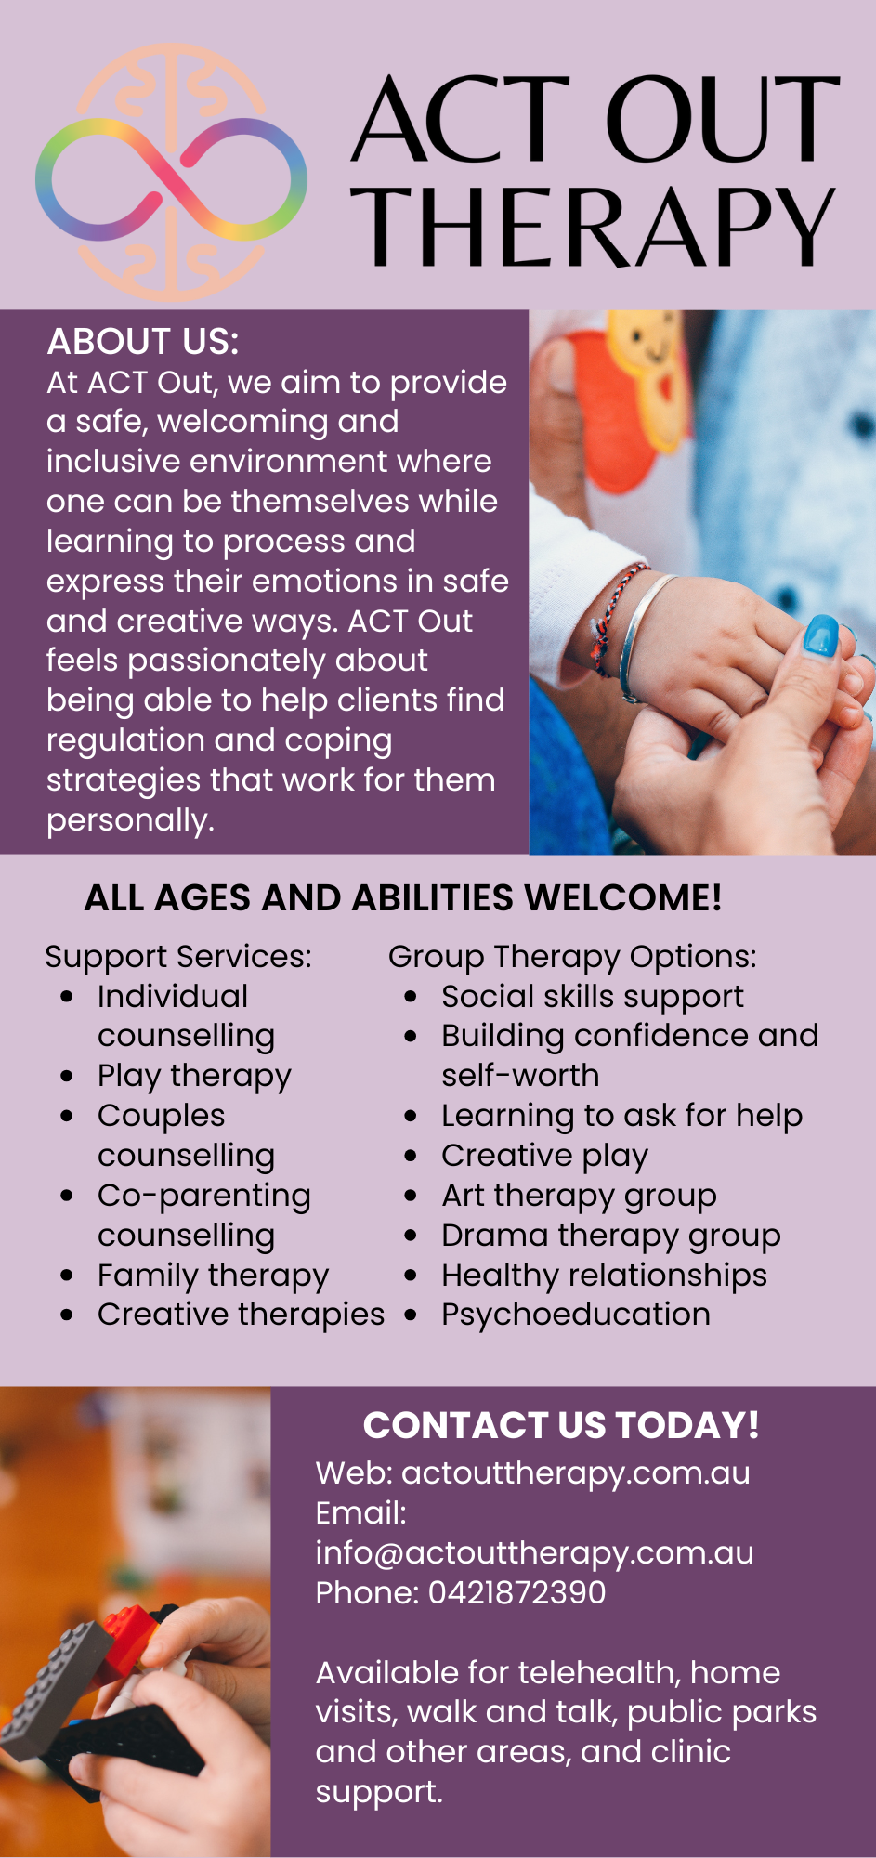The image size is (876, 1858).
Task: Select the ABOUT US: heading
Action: coord(143,342)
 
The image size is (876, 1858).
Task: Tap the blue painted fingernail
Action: coord(821,636)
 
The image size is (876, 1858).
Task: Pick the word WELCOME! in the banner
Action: coord(623,898)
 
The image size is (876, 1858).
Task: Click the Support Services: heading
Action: coord(178,957)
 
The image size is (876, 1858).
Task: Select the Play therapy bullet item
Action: coord(194,1076)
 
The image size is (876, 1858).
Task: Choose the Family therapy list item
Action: coord(213,1276)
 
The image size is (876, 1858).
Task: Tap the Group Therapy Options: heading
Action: coord(572,957)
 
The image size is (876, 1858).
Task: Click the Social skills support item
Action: coord(593,997)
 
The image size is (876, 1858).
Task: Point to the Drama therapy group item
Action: coord(611,1236)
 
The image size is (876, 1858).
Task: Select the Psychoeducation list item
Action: coord(576,1315)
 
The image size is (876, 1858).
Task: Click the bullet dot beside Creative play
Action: coord(411,1156)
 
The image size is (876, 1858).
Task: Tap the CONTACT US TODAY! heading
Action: coord(561,1425)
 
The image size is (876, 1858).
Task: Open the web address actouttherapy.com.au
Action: coord(576,1473)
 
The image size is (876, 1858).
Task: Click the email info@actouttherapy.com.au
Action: coord(535,1553)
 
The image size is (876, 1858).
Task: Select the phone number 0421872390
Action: coord(516,1592)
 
